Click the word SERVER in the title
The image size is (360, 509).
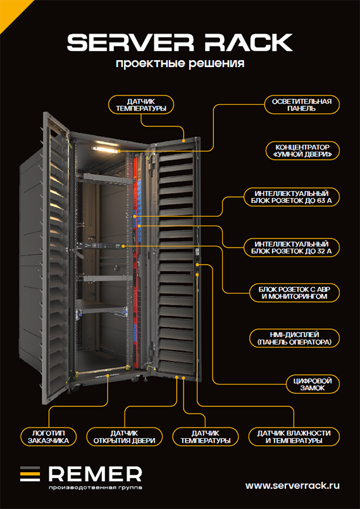coord(128,43)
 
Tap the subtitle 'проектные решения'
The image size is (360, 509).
coord(180,63)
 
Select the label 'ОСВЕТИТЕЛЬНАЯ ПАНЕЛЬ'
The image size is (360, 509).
coord(301,104)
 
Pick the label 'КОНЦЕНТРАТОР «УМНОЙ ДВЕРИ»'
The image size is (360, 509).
coord(302,151)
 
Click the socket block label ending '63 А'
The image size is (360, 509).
coord(292,197)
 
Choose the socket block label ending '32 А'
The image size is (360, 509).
coord(292,248)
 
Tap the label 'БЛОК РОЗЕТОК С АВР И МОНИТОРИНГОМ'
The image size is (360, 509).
coord(294,293)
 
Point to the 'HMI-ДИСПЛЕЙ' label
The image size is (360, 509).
coord(294,338)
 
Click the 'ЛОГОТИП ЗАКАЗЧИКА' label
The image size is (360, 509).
coord(49,437)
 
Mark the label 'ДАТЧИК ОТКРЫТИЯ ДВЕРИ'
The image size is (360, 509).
coord(125,437)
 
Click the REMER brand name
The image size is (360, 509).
coord(95,475)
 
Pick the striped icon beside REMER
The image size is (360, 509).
coord(30,474)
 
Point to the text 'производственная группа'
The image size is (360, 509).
coord(95,488)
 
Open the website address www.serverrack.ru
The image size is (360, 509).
coord(292,486)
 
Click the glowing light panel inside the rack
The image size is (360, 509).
coord(105,149)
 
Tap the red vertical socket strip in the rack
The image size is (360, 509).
coord(136,260)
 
